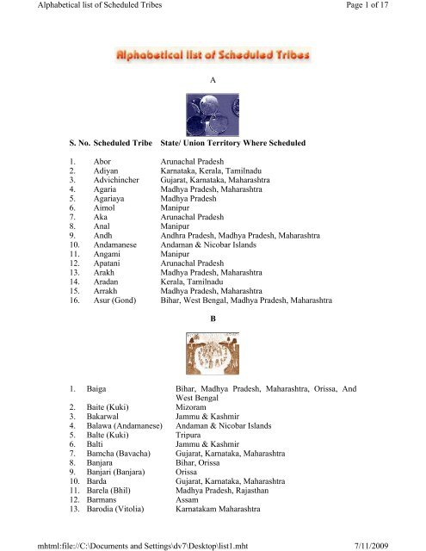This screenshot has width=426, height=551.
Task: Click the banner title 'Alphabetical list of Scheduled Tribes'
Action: coord(213,56)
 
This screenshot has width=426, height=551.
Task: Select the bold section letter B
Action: coord(212,318)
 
